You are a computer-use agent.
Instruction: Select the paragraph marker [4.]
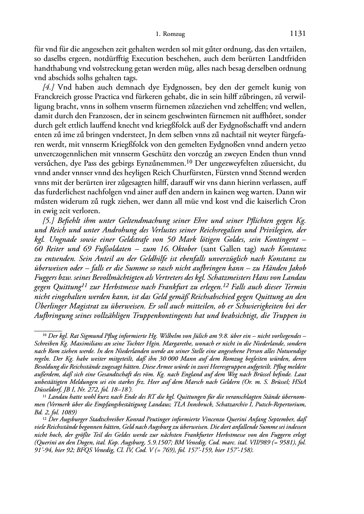pyautogui.click(x=49, y=87)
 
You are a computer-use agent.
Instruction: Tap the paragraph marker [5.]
pyautogui.click(x=49, y=220)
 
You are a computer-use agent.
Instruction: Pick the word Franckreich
pyautogui.click(x=52, y=97)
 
